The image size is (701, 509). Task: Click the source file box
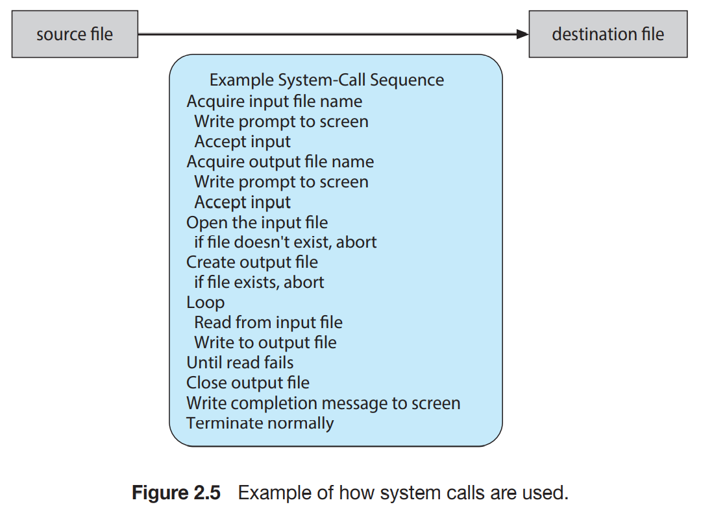(75, 34)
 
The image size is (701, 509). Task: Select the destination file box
(608, 34)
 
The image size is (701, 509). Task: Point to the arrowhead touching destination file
(523, 34)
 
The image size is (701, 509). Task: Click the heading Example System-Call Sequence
(326, 80)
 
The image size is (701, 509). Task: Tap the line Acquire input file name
(275, 102)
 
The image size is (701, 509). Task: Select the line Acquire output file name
(280, 162)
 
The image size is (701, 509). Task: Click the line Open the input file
(257, 222)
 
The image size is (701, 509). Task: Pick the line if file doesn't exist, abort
(285, 242)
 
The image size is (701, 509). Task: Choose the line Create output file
(252, 262)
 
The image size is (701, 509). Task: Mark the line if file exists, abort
(259, 282)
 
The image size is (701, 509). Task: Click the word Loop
(205, 303)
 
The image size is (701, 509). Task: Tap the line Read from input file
(268, 322)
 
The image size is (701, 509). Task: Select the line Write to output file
(265, 343)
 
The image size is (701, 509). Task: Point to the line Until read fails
(240, 362)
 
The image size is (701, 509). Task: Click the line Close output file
(248, 383)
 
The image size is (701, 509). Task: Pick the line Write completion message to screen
(323, 403)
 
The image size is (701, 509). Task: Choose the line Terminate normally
(260, 423)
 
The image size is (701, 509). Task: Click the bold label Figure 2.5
(176, 493)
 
